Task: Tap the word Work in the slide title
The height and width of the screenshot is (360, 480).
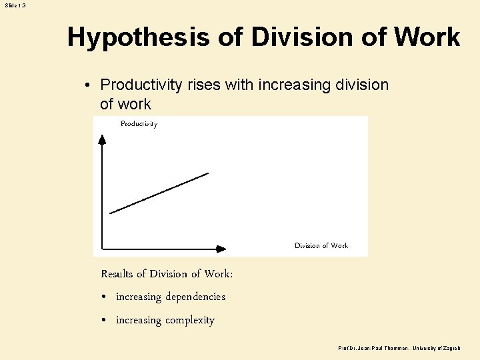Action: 427,37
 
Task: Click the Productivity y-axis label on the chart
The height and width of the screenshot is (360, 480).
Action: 139,124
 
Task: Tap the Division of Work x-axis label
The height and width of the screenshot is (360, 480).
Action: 321,246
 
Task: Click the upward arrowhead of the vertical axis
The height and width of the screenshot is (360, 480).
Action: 102,139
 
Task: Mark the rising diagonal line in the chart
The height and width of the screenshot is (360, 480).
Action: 159,193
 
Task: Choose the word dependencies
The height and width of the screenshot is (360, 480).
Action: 195,297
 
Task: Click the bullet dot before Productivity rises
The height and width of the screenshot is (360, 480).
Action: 88,85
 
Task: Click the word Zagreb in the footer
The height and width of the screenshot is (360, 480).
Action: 451,349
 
